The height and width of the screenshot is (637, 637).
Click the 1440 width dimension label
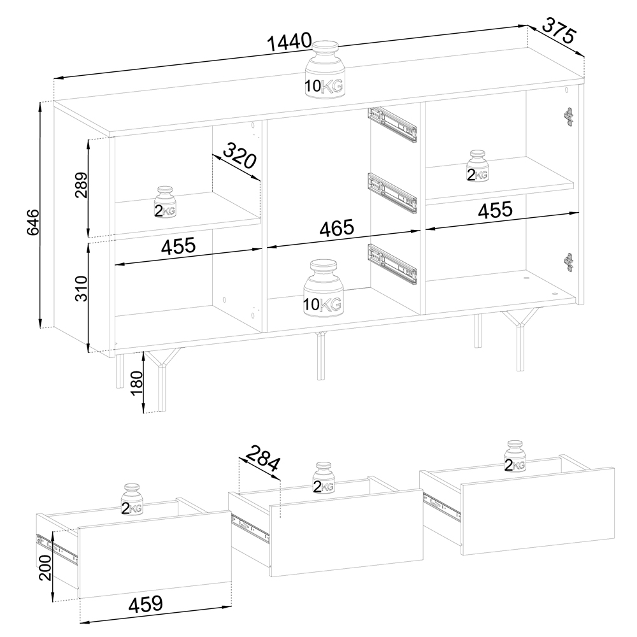click(290, 41)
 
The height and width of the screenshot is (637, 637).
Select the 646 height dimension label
click(32, 222)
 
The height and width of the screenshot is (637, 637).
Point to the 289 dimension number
click(82, 185)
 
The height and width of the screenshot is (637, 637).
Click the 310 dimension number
click(82, 289)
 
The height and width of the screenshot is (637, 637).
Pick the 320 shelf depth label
click(240, 155)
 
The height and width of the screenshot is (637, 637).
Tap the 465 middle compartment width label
click(337, 228)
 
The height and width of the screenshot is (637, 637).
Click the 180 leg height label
click(137, 382)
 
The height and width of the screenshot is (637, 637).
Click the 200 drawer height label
click(45, 568)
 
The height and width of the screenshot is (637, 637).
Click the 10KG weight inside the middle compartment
click(323, 288)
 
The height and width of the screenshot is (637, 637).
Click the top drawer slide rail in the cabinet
click(392, 124)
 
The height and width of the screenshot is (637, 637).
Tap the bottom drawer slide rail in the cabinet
click(392, 263)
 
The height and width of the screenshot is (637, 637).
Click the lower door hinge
click(569, 262)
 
